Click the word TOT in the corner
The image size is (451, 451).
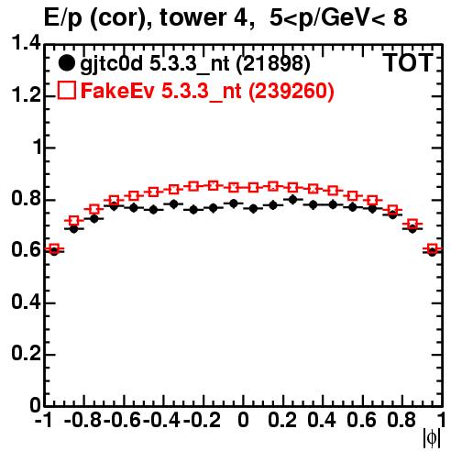pyautogui.click(x=408, y=62)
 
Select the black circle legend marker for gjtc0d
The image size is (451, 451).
pyautogui.click(x=66, y=63)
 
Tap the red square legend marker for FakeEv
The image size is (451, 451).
pyautogui.click(x=66, y=90)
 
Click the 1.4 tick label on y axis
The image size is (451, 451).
pyautogui.click(x=26, y=43)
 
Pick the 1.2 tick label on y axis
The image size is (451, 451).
pyautogui.click(x=26, y=95)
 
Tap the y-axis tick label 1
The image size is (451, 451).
pyautogui.click(x=38, y=148)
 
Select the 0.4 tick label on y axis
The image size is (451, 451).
pyautogui.click(x=26, y=302)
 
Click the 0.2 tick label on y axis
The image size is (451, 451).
pyautogui.click(x=26, y=354)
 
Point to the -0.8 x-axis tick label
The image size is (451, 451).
pyautogui.click(x=82, y=420)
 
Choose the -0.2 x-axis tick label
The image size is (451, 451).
pyautogui.click(x=202, y=420)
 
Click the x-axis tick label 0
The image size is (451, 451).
pyautogui.click(x=243, y=420)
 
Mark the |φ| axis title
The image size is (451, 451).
pyautogui.click(x=432, y=438)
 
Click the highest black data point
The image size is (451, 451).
pyautogui.click(x=292, y=200)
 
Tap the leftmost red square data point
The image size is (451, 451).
pyautogui.click(x=54, y=248)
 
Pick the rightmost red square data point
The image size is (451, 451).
pyautogui.click(x=433, y=248)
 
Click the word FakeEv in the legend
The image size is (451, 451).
pyautogui.click(x=117, y=91)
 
